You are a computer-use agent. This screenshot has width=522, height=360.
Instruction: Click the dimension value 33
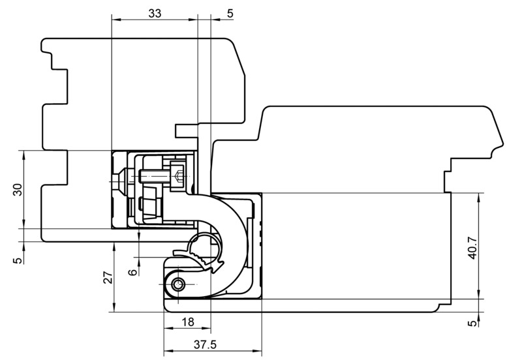point(155,13)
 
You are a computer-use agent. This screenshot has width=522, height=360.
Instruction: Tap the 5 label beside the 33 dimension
point(230,13)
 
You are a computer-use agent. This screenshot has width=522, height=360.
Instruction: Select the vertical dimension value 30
point(18,190)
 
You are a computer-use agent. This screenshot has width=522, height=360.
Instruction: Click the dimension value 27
point(108,277)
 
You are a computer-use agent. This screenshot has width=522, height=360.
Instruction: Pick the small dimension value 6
point(133,272)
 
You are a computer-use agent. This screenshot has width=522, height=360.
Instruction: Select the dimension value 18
point(188,322)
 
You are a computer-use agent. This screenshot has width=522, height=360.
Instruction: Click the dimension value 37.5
point(205,345)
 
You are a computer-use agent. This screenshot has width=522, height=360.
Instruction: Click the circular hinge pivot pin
point(178,285)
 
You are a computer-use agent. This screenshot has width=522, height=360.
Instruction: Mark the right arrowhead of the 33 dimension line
point(193,20)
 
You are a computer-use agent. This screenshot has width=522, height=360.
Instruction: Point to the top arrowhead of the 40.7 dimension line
point(480,198)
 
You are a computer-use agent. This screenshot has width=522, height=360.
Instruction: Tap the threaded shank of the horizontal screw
point(154,175)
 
